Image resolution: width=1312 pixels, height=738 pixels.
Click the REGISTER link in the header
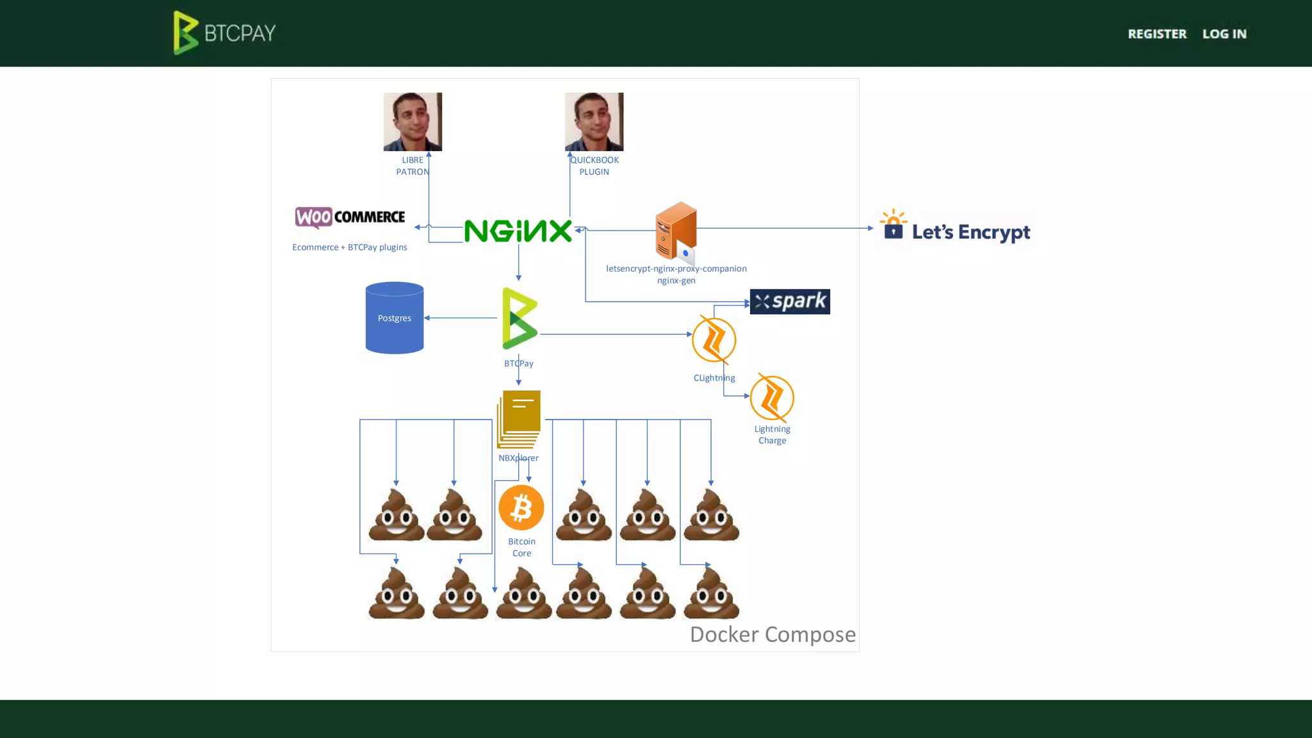pyautogui.click(x=1156, y=34)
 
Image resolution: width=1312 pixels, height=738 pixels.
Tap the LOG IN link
pyautogui.click(x=1224, y=34)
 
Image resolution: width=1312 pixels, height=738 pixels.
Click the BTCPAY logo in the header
pyautogui.click(x=224, y=33)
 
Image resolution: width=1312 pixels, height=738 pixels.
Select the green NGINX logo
pyautogui.click(x=518, y=231)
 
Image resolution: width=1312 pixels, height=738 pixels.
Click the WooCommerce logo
pyautogui.click(x=350, y=217)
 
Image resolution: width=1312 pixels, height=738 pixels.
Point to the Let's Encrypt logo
pyautogui.click(x=956, y=229)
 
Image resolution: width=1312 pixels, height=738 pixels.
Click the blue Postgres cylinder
pyautogui.click(x=394, y=318)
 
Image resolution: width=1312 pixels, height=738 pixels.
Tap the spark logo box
pyautogui.click(x=789, y=302)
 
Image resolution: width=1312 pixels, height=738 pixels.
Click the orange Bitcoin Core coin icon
pyautogui.click(x=521, y=508)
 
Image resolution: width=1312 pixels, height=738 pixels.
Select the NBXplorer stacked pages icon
pyautogui.click(x=519, y=419)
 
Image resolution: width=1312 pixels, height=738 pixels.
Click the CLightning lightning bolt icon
pyautogui.click(x=714, y=340)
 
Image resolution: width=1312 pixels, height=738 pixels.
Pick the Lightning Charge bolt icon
pyautogui.click(x=771, y=398)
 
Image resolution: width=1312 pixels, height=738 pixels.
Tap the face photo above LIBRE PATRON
pyautogui.click(x=413, y=122)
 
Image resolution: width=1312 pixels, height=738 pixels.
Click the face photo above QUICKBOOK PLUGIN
pyautogui.click(x=594, y=122)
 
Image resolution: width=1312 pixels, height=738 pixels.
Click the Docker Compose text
pyautogui.click(x=772, y=634)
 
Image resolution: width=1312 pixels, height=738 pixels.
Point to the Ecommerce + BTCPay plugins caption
pyautogui.click(x=349, y=247)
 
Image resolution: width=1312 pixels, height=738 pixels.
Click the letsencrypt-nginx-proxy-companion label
pyautogui.click(x=676, y=268)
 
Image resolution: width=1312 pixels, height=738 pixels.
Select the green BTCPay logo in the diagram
pyautogui.click(x=519, y=318)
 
